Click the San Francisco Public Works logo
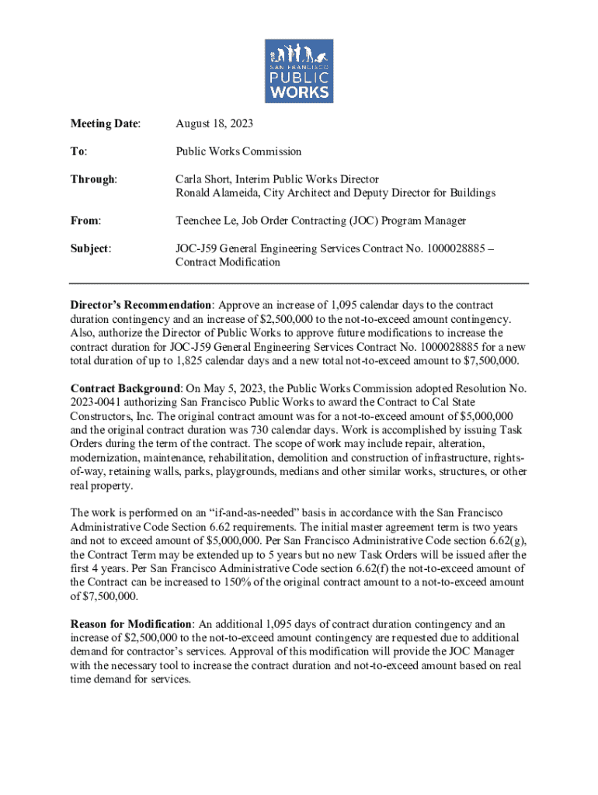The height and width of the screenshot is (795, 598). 299,71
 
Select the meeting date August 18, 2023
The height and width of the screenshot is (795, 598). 214,123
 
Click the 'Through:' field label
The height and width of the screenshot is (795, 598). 93,179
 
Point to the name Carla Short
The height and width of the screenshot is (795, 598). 203,179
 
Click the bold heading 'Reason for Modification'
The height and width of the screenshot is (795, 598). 131,623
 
